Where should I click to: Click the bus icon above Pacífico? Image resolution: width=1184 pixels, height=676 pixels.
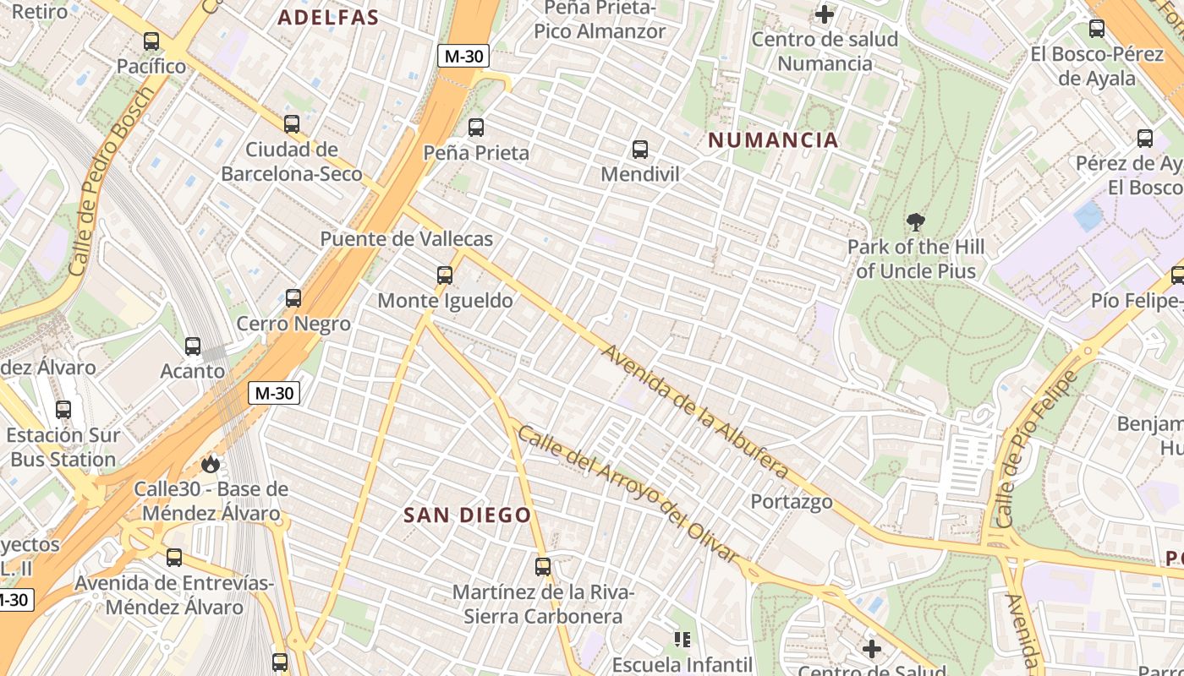click(x=151, y=41)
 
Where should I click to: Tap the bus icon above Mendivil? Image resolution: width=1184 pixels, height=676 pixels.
click(x=640, y=150)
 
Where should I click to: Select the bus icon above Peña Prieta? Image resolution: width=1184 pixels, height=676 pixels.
click(x=476, y=128)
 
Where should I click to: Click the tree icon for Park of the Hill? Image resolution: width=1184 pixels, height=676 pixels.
click(x=915, y=223)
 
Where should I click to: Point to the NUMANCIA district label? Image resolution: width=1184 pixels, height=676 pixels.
click(x=773, y=140)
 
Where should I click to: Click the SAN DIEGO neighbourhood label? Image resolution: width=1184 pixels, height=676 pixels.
click(x=467, y=515)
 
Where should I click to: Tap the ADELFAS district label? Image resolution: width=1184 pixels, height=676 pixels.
click(x=328, y=18)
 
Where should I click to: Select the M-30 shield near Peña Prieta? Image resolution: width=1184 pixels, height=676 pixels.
click(x=463, y=57)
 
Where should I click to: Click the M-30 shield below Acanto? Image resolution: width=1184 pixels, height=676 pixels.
click(x=274, y=393)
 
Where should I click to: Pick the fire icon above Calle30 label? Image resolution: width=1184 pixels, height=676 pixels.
click(x=211, y=464)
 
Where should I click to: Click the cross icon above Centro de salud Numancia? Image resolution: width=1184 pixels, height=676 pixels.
click(x=825, y=14)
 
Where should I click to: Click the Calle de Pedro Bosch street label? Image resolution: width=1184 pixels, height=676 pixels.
click(x=112, y=182)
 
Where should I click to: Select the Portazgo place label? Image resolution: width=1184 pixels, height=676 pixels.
click(x=792, y=502)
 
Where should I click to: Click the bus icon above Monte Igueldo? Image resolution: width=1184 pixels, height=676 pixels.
click(x=445, y=275)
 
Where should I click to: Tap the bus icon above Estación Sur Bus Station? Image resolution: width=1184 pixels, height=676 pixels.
click(x=63, y=410)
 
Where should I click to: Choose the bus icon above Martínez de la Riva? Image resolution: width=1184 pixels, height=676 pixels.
click(x=543, y=566)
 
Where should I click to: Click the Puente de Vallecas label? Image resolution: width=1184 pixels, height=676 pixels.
click(x=406, y=239)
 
